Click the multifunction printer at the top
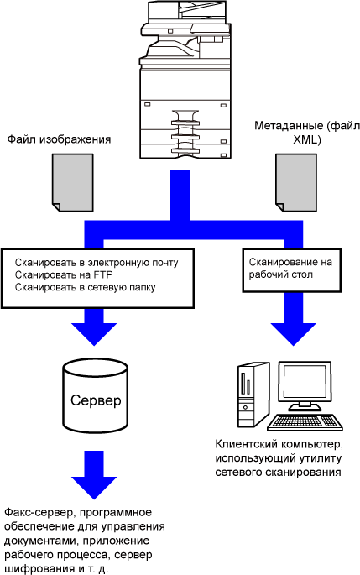click(185, 79)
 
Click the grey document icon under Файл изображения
click(73, 183)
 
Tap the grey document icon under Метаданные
click(296, 183)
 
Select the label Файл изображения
click(59, 139)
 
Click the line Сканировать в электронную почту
click(97, 263)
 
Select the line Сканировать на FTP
click(64, 274)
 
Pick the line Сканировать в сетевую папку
click(85, 287)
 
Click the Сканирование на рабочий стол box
click(292, 270)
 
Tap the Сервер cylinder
click(96, 396)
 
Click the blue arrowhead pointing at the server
click(94, 334)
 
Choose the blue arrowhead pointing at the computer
click(293, 334)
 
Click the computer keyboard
click(305, 422)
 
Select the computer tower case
click(253, 395)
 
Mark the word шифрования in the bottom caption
click(37, 569)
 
